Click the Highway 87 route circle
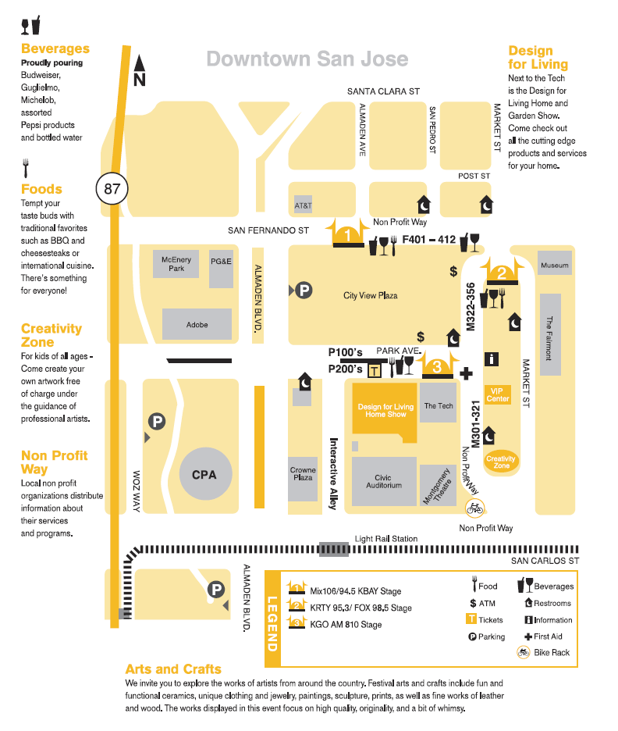(x=112, y=188)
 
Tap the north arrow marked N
(x=140, y=71)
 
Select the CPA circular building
(x=204, y=474)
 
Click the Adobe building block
(x=197, y=324)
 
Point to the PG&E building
(x=222, y=261)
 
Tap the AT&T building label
(x=303, y=206)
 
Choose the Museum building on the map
(x=555, y=266)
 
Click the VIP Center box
(x=498, y=394)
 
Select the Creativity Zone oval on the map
(x=501, y=462)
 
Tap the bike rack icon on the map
(x=474, y=508)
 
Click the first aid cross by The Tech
(x=467, y=373)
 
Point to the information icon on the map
(x=492, y=359)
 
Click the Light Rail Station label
(x=385, y=539)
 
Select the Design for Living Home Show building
(x=385, y=409)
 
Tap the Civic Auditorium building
(x=383, y=481)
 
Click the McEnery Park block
(x=176, y=263)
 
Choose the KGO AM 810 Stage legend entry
(x=346, y=624)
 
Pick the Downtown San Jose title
(x=307, y=59)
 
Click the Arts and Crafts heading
(x=173, y=669)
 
